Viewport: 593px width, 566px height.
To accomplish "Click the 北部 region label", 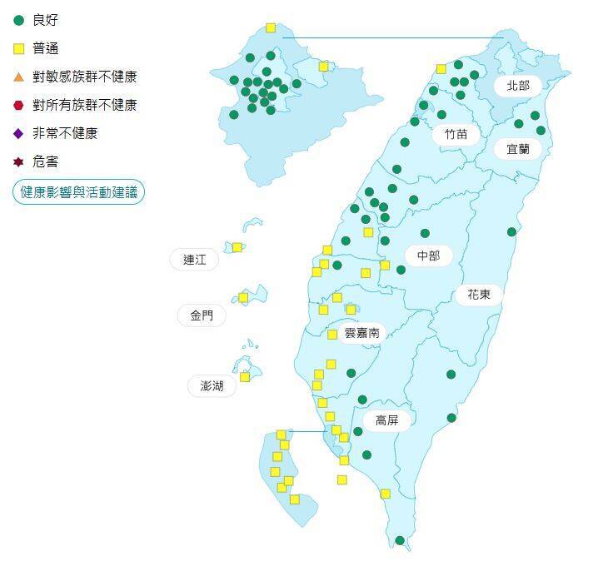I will pos(517,85).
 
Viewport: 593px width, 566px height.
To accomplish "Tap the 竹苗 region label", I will pos(456,134).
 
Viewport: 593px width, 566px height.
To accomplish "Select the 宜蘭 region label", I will pos(517,149).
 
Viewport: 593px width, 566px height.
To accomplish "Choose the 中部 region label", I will pos(428,256).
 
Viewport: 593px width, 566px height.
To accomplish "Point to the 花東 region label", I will pos(478,294).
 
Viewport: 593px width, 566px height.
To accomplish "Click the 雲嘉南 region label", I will pos(361,331).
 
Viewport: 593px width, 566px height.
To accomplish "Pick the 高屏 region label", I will pos(387,420).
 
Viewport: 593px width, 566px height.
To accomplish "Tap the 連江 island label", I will pos(194,260).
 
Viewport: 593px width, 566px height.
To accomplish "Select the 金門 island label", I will pos(202,315).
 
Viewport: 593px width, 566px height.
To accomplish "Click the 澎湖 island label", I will pos(212,385).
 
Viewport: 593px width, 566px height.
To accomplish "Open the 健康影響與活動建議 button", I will pos(78,191).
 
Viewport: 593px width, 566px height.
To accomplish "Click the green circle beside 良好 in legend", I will pos(19,20).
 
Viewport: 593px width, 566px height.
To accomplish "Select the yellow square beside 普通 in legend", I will pos(19,48).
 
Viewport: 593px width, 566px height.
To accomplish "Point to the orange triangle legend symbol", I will pos(19,77).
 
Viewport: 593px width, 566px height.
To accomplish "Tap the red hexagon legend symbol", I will pos(19,105).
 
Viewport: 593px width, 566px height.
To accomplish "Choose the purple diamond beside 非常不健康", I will pos(19,133).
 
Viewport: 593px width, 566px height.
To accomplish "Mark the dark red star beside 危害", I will pos(19,161).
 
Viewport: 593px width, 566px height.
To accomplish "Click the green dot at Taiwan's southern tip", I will pos(400,540).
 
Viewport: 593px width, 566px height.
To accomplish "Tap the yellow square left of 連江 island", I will pos(237,246).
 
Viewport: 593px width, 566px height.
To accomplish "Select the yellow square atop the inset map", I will pos(271,27).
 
